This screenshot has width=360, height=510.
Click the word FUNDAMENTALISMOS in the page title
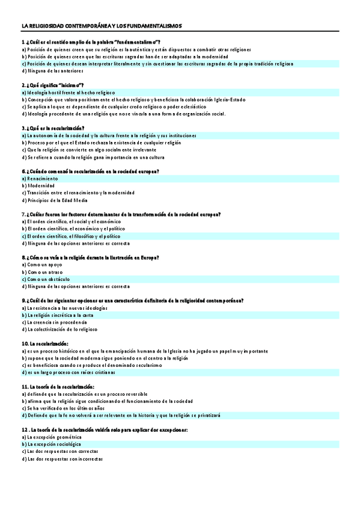(160, 26)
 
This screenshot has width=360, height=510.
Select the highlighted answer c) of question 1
(157, 63)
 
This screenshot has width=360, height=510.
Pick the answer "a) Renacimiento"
(40, 179)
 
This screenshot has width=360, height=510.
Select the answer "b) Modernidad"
(38, 186)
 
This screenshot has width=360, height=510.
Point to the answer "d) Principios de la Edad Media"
(55, 200)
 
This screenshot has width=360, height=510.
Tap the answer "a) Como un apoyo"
(41, 265)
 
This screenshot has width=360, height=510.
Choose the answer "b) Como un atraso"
(41, 272)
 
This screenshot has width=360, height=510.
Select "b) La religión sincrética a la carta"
(58, 315)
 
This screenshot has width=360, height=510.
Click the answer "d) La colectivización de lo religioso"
(59, 330)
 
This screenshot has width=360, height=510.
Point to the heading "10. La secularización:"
(44, 343)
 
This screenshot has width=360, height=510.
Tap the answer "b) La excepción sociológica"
(51, 444)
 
